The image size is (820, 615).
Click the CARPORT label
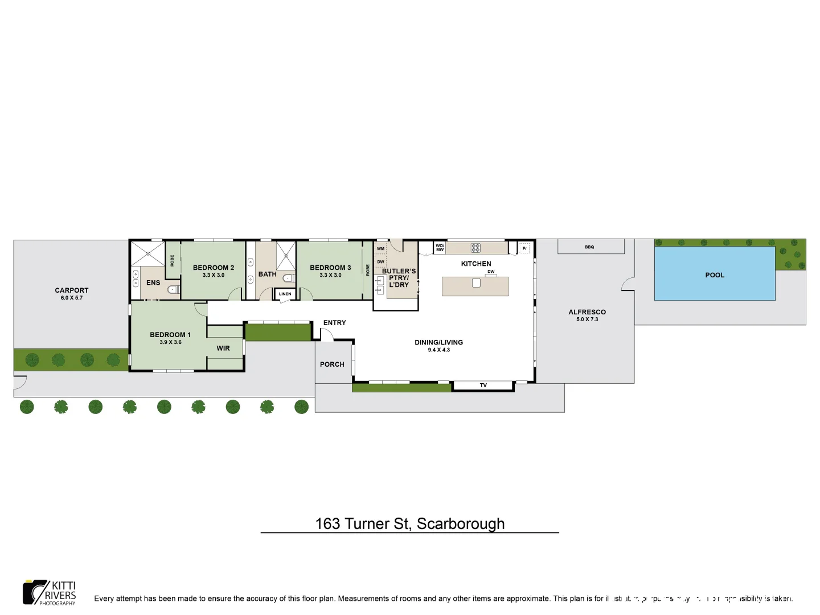72,290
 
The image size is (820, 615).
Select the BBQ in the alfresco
591,247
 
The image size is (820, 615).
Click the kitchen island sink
476,283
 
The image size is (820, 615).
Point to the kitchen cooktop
475,248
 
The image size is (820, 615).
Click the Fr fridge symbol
524,248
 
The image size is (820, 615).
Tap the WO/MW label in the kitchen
440,248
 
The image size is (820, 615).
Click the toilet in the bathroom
289,278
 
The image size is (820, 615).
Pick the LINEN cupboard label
285,294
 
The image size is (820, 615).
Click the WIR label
223,348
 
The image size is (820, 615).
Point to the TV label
483,386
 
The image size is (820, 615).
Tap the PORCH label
332,364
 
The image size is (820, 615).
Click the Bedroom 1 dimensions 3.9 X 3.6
170,342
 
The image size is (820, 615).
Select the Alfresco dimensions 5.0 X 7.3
587,319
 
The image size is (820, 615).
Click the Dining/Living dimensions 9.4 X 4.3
438,350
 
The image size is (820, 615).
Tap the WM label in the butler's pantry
380,248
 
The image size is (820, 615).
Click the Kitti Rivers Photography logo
50,593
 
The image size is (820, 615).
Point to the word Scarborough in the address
461,523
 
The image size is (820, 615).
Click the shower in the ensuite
147,253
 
